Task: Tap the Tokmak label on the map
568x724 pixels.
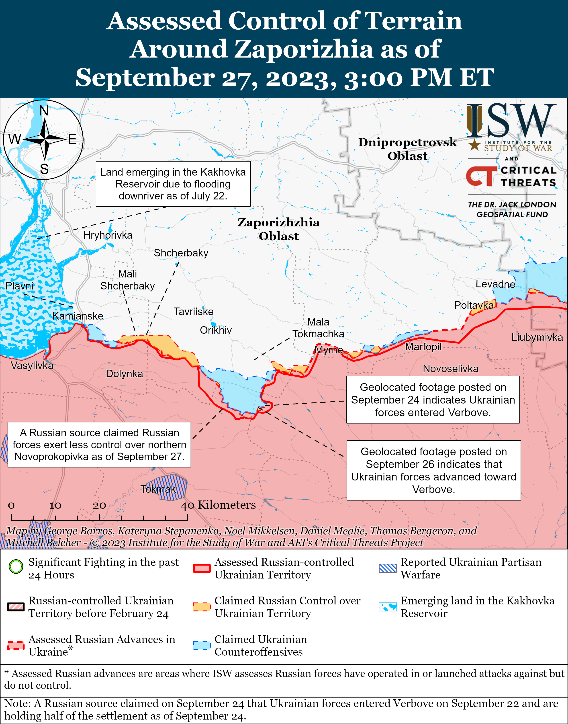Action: (x=158, y=489)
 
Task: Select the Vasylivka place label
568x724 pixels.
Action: (x=32, y=366)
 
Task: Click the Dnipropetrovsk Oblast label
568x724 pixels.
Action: (x=407, y=149)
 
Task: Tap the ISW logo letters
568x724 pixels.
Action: (x=511, y=121)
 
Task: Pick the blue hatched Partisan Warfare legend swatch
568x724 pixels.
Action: (x=388, y=568)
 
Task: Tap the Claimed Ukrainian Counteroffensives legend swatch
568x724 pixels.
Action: (x=202, y=645)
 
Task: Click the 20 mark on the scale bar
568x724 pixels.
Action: (x=99, y=506)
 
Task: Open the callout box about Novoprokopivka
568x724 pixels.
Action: (x=99, y=445)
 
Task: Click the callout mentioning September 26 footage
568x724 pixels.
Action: (x=434, y=470)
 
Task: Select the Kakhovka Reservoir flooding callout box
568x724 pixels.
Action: (x=173, y=184)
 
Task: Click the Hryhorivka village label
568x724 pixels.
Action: (x=108, y=235)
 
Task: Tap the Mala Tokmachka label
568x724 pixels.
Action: (x=318, y=328)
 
